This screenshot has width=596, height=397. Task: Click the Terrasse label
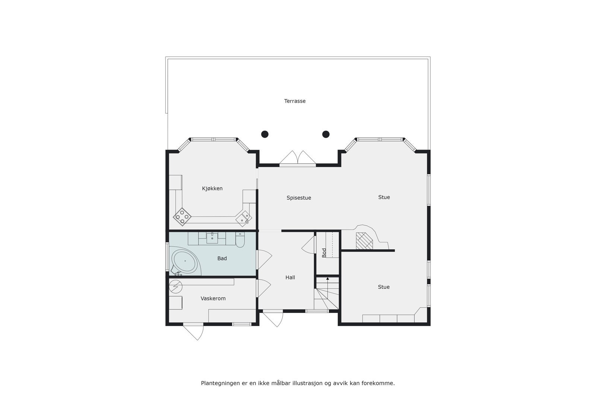[295, 101]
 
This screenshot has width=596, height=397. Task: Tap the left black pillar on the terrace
[265, 134]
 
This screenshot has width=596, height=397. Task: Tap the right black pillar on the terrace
[326, 134]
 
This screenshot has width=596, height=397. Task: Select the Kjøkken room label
[212, 188]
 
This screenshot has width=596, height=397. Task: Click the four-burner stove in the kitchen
[182, 216]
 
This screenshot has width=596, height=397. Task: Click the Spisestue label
[299, 198]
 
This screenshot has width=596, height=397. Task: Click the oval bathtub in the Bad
[184, 261]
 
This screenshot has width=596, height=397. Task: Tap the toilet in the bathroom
[240, 241]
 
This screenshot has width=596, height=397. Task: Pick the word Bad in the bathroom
[222, 258]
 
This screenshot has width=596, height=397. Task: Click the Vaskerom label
[213, 298]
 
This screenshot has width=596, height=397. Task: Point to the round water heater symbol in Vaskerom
[175, 286]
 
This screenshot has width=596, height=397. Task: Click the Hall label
[290, 277]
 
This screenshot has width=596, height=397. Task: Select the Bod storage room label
[324, 253]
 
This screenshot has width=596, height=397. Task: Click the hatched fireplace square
[364, 241]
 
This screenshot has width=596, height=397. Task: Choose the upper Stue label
[384, 197]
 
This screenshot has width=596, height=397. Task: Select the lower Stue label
[384, 287]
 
